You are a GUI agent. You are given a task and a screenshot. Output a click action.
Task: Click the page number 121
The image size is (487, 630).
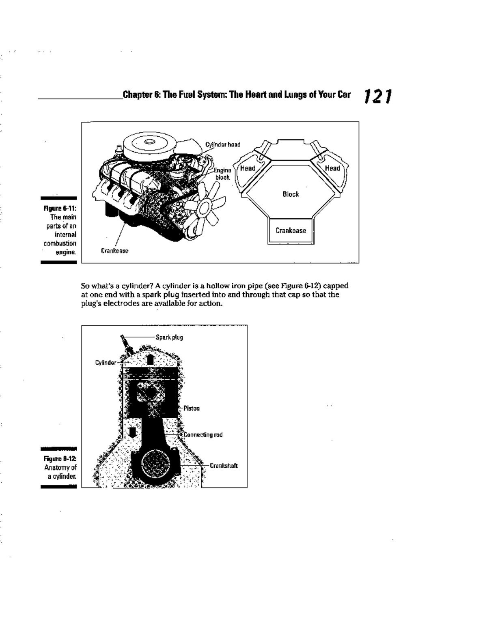click(x=377, y=97)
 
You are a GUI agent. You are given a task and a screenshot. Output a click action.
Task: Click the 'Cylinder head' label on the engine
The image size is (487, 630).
click(x=222, y=144)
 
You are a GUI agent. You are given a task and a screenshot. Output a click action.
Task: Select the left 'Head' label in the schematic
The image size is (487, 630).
click(x=248, y=168)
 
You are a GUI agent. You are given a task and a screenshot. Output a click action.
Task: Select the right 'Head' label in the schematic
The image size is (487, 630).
click(x=332, y=168)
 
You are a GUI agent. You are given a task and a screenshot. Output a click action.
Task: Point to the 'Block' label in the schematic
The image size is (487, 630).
click(x=291, y=194)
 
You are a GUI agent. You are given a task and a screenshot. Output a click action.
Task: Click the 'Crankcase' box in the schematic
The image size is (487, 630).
click(x=291, y=230)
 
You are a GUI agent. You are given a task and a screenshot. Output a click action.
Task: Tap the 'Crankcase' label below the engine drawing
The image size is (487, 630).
click(x=114, y=251)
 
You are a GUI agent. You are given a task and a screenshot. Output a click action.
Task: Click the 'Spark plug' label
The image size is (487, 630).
click(x=169, y=337)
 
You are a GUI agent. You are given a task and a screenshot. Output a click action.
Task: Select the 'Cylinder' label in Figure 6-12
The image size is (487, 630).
click(x=106, y=362)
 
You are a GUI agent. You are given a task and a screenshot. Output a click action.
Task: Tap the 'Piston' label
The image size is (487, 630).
click(x=191, y=408)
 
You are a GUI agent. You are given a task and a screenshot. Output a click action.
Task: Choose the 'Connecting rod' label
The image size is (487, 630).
click(x=203, y=435)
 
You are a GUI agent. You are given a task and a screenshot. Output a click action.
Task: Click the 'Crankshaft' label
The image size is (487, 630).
click(x=223, y=466)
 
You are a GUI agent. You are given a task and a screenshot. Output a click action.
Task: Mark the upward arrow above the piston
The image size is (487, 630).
click(x=150, y=359)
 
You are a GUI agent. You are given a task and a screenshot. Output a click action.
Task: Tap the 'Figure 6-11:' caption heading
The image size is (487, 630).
click(x=60, y=209)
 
